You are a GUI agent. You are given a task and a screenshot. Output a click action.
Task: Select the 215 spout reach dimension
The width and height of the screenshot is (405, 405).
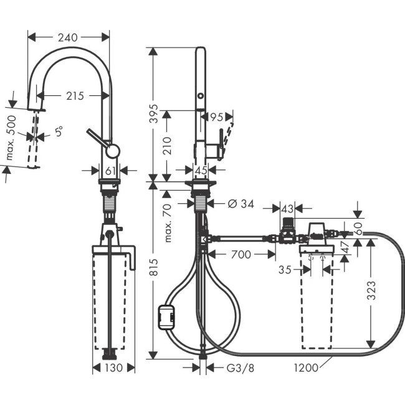tap(75, 96)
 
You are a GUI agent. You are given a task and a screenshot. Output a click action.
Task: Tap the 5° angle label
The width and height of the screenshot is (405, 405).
tap(59, 133)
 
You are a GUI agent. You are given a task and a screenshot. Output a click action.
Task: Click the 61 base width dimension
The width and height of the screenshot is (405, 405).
tap(110, 170)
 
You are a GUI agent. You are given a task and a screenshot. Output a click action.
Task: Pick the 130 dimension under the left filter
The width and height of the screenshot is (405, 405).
tap(113, 368)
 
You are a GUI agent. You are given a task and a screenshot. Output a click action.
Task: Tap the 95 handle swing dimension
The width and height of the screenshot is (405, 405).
tap(216, 117)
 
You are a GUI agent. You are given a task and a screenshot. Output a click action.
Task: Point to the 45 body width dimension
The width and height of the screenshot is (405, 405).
tap(201, 169)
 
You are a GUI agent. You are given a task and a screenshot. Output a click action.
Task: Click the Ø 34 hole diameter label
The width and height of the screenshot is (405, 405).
tap(240, 202)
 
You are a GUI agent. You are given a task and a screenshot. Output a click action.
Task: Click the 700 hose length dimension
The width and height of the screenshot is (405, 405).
tap(240, 254)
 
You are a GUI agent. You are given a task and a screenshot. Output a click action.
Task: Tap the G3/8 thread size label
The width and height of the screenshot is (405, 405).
tap(239, 368)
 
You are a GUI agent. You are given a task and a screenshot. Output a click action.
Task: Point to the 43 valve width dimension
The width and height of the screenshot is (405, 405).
tap(287, 208)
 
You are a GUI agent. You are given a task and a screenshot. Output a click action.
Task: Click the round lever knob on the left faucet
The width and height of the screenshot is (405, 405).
tap(112, 151)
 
